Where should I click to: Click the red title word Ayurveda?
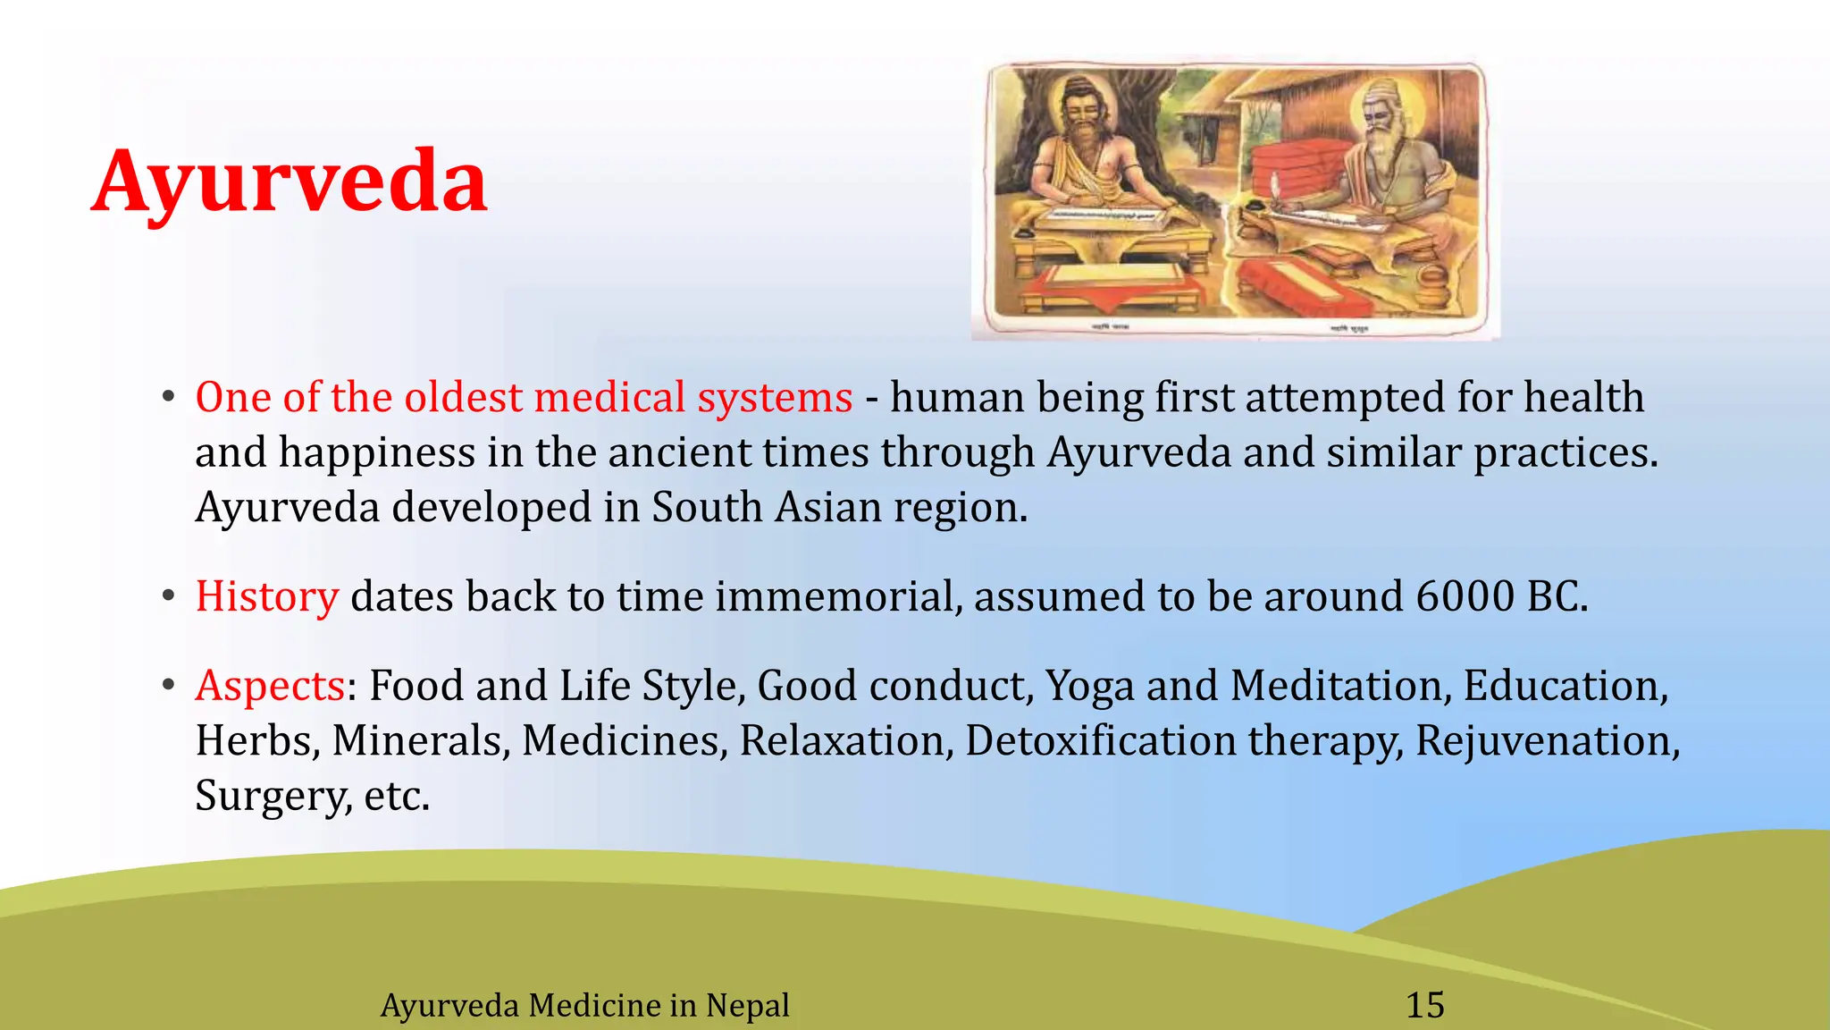(x=290, y=182)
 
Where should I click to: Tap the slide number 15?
(x=1424, y=1005)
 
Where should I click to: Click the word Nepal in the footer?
(x=747, y=1005)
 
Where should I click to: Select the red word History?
(x=266, y=596)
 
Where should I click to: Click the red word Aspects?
(x=270, y=686)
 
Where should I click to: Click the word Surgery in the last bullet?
(x=273, y=795)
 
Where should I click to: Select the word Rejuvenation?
(x=1547, y=740)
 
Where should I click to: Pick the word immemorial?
(x=834, y=596)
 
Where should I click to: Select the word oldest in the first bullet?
(x=463, y=397)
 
